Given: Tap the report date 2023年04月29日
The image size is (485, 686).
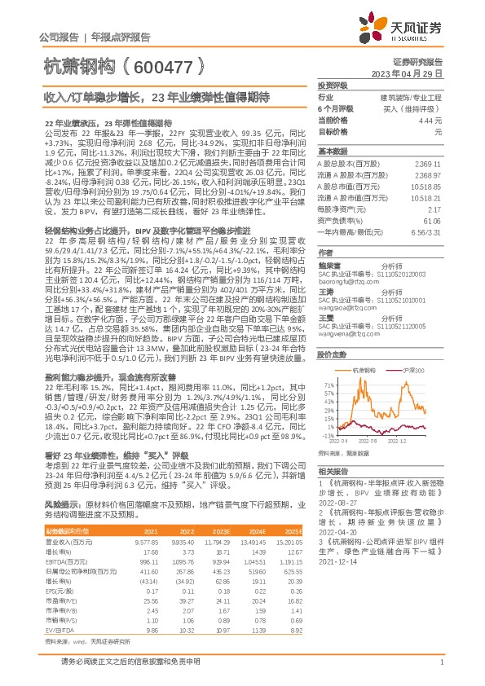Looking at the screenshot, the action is [x=406, y=73].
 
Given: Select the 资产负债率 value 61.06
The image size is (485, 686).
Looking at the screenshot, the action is [x=431, y=220].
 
